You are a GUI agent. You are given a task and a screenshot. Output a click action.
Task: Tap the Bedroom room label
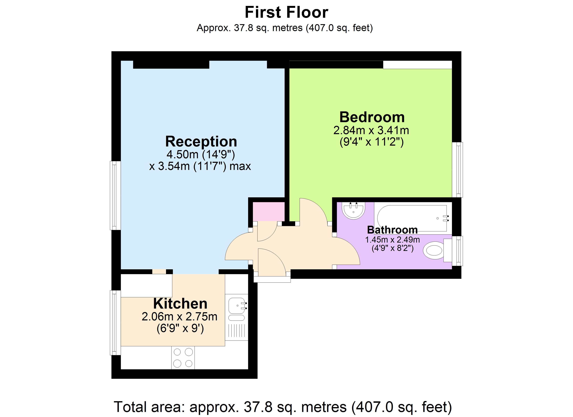[x=372, y=117]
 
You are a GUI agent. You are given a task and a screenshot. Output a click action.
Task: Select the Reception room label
[x=201, y=142]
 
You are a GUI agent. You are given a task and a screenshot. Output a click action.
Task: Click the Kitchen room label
[x=180, y=304]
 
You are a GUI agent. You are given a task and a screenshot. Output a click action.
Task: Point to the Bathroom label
[x=392, y=230]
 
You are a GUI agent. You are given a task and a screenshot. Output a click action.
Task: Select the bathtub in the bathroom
[x=412, y=218]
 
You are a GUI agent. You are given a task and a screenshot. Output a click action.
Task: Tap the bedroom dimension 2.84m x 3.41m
[x=371, y=130]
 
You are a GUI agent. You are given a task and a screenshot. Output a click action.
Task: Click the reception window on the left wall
[x=115, y=195]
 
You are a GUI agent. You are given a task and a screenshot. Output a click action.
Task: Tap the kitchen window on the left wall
[x=115, y=323]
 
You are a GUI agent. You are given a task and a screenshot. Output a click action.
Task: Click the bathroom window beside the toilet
[x=457, y=251]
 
